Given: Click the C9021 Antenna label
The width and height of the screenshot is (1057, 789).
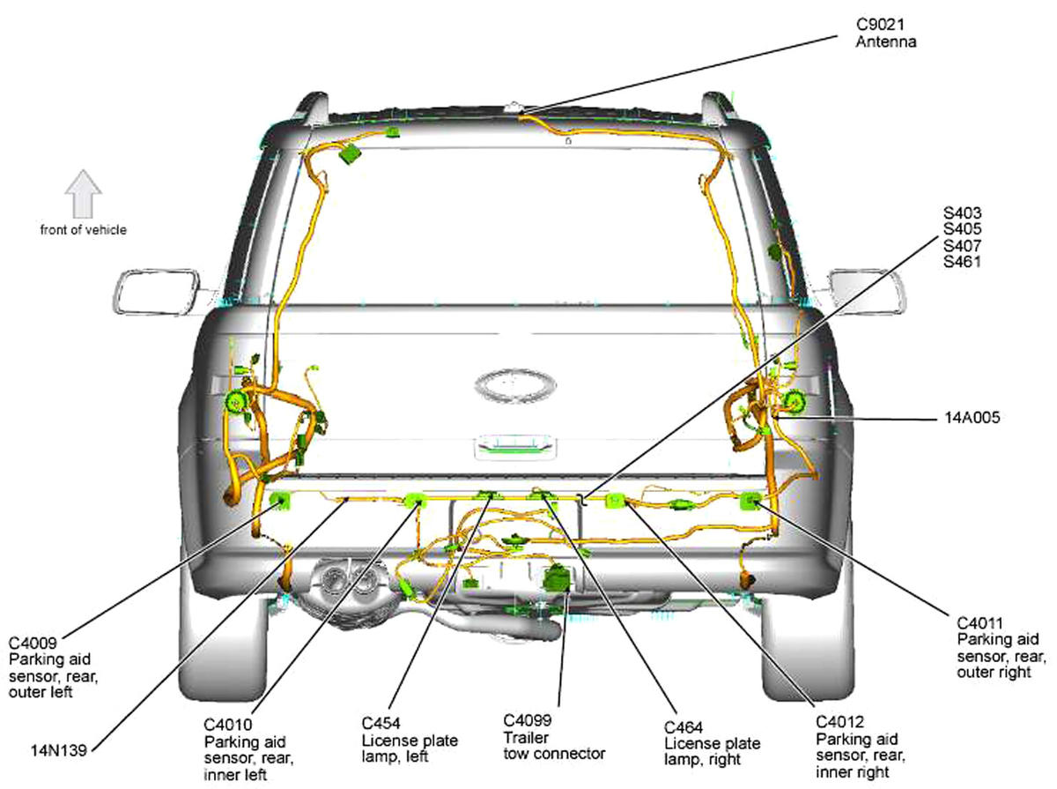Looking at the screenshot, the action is [x=885, y=33].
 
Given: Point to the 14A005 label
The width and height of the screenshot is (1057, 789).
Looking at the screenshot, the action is [x=972, y=417].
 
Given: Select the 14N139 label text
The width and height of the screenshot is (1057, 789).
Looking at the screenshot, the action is [x=59, y=750].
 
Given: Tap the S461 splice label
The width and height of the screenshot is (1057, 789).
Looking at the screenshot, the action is [x=962, y=262].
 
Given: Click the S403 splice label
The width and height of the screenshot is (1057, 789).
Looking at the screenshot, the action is [x=962, y=213].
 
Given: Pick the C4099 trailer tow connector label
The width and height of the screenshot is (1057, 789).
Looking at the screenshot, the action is [x=554, y=737].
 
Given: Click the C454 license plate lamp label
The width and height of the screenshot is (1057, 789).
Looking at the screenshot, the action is [x=410, y=740].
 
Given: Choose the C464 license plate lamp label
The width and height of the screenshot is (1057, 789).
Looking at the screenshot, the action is [x=712, y=743].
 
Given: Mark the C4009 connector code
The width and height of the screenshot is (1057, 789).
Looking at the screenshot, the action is [x=33, y=643].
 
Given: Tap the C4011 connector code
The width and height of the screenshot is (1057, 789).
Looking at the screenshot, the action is [x=979, y=622].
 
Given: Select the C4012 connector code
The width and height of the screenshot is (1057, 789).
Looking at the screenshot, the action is [x=839, y=721].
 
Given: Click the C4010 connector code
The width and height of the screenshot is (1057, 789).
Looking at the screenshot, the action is [x=228, y=725].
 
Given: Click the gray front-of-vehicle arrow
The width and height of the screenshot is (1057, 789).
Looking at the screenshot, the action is [x=84, y=194].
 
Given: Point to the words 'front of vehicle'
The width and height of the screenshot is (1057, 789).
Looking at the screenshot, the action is [x=84, y=230].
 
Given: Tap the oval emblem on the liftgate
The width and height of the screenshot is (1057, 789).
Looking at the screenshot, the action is [x=515, y=385].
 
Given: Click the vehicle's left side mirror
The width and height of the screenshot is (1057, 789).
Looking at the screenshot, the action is [x=157, y=293].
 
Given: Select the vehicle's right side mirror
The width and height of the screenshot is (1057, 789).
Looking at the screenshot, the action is [x=867, y=293].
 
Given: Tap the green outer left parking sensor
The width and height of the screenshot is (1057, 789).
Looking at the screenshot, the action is [x=280, y=502].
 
